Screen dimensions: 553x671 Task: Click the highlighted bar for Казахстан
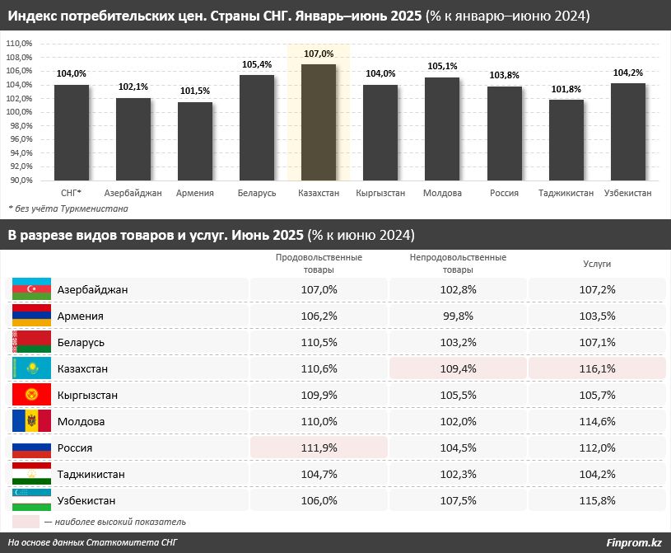319,122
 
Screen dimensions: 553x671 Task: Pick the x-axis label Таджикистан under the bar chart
566,193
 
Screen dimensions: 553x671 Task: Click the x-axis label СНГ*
71,193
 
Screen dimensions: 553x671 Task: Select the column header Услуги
597,264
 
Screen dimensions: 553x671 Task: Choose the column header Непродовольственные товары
458,264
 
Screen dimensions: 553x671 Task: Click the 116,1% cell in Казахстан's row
597,368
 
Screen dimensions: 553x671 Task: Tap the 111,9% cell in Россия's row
319,448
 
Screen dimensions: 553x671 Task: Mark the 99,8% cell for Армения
458,316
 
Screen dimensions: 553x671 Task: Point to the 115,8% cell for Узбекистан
597,500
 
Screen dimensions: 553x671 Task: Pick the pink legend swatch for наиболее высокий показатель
26,522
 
